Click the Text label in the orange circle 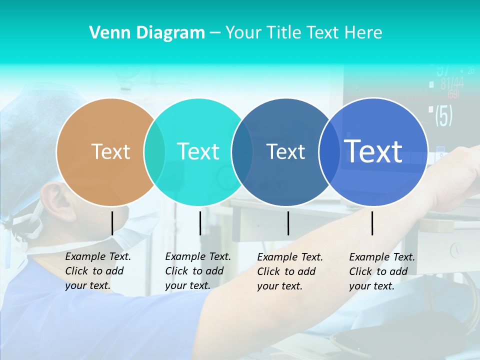[110, 151]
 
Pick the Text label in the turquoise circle [198, 151]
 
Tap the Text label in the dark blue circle [285, 151]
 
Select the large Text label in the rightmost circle [373, 151]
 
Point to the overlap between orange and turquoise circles [154, 151]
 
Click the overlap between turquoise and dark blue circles [242, 151]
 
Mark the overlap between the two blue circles [329, 151]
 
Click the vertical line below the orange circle [112, 223]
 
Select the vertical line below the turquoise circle [200, 223]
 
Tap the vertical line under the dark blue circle [288, 223]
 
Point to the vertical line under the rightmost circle [372, 223]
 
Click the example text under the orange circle [97, 271]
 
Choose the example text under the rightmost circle [381, 271]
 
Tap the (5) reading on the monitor [443, 115]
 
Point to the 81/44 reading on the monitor [452, 83]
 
